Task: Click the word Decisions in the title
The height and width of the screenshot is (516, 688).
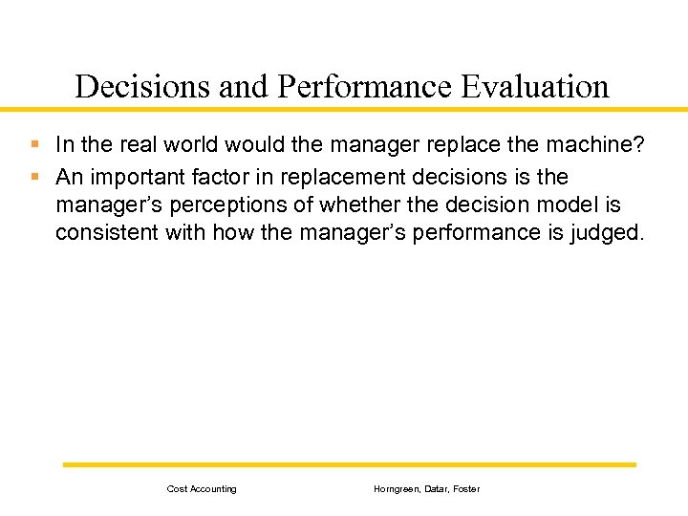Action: click(143, 87)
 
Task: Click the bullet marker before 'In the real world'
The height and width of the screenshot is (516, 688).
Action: click(34, 145)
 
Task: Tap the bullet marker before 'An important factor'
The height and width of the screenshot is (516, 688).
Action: click(34, 178)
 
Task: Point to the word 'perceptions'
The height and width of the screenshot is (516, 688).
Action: click(212, 205)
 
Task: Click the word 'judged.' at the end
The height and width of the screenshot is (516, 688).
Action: click(609, 232)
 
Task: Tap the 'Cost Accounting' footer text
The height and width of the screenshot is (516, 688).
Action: click(202, 489)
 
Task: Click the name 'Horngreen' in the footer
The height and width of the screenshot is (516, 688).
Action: click(396, 489)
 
